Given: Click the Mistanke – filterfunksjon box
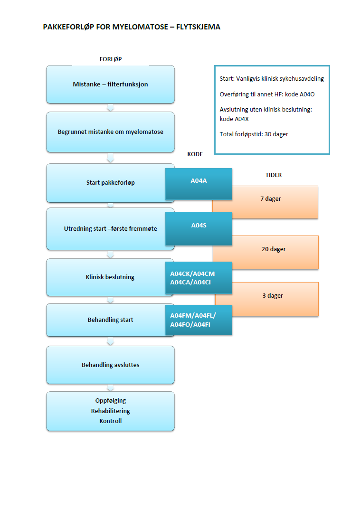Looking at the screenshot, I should tap(110, 85).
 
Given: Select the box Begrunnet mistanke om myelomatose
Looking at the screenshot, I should tap(110, 132).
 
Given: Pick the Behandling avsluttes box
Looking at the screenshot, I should tap(110, 365).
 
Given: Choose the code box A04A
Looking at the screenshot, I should tap(198, 181).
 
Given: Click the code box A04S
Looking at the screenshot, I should tap(198, 226).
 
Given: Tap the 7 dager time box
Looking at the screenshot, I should tap(271, 199).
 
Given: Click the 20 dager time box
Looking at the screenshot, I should tap(274, 249).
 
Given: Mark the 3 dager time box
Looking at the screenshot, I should tap(273, 296).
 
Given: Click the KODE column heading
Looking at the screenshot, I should tap(195, 155).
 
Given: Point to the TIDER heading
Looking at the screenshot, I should tap(273, 175).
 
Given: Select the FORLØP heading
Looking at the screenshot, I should tap(110, 59).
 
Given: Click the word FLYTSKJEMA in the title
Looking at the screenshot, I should tap(198, 27).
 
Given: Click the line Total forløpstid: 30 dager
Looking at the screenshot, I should tap(254, 134).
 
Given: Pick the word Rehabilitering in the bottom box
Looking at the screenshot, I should tap(110, 411).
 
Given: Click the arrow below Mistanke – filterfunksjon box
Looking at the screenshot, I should tap(110, 108).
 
